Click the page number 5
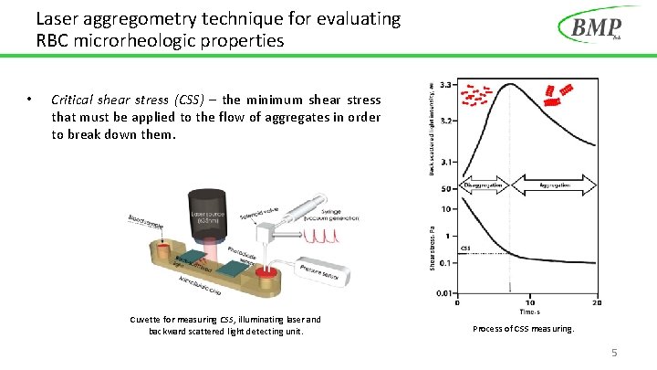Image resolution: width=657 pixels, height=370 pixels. pos(614,352)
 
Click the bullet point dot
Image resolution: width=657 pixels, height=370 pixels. pos(30,100)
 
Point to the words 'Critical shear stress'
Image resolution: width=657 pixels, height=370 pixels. pos(115,100)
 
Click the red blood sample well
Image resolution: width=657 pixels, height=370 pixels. pos(166,248)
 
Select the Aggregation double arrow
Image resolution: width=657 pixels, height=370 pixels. pos(556,185)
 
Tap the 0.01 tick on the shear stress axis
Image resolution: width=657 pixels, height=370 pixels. pos(445,292)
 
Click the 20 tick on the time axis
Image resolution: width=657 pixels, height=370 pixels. pos(597,302)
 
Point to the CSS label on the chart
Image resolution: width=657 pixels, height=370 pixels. pos(464,248)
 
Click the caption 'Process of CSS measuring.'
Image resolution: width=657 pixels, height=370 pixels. pos(524,328)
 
